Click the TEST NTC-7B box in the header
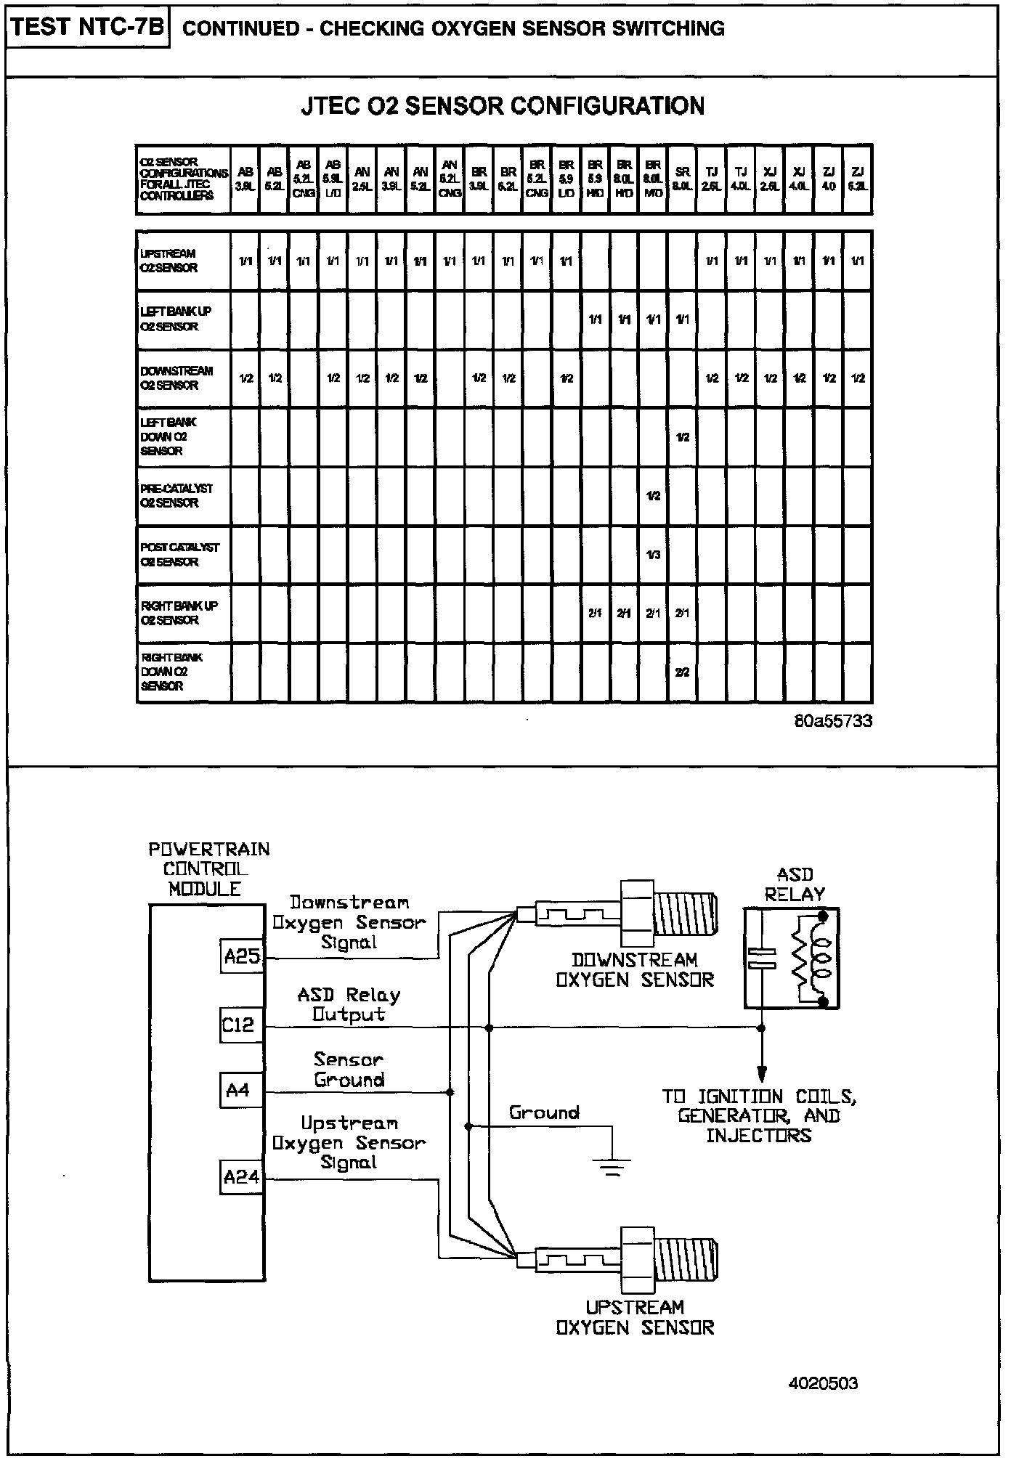pos(88,28)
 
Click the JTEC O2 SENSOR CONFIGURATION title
pos(503,106)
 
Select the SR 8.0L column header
pos(682,179)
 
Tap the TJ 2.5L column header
pos(712,179)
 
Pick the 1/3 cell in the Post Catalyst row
pos(653,555)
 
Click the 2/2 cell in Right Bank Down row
pos(682,672)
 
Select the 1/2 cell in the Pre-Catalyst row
pos(653,496)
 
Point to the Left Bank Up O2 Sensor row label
pos(176,319)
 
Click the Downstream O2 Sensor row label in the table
pos(176,378)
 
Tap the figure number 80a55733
pos(832,721)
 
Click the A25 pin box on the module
pos(242,956)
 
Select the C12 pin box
pos(239,1025)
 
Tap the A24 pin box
pos(242,1177)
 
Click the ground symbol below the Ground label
pos(612,1166)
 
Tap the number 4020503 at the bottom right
pos(823,1383)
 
